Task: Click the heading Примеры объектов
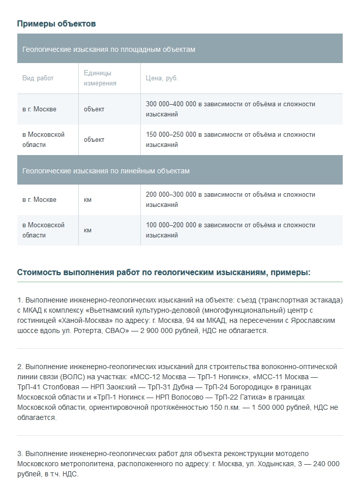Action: [56, 24]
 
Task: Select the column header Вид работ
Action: [38, 78]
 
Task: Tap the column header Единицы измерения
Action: [100, 78]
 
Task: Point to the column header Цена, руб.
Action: [162, 78]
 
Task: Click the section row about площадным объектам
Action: [109, 49]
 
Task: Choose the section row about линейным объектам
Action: [106, 171]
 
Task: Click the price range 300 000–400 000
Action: [171, 104]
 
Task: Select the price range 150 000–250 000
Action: [171, 135]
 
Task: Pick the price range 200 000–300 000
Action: [171, 195]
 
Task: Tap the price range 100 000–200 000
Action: [171, 225]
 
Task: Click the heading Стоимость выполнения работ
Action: [164, 273]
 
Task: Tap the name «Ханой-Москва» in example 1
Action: [85, 320]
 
